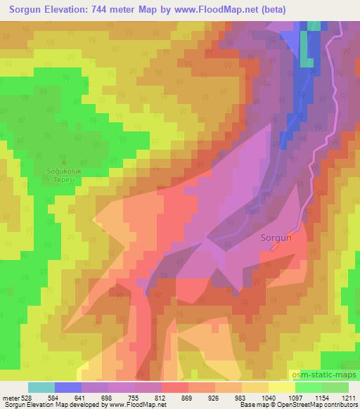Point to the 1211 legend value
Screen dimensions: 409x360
(347, 398)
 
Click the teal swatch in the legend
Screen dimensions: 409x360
(41, 387)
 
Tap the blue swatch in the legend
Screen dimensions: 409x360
(68, 387)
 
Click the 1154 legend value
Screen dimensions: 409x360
(321, 398)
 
